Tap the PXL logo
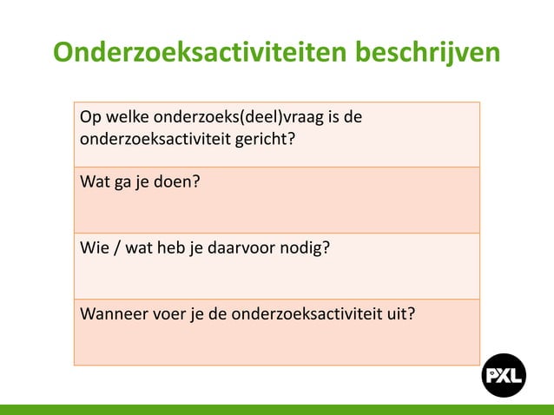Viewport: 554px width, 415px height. point(504,375)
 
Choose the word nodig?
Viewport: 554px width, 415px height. point(307,249)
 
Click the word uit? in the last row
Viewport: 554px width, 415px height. point(399,314)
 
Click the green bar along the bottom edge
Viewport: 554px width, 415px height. point(277,409)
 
